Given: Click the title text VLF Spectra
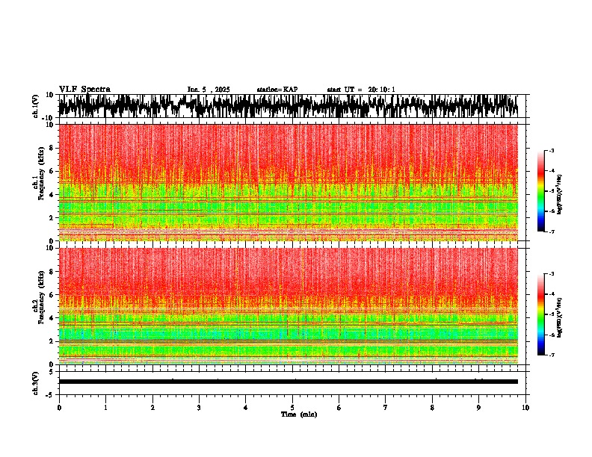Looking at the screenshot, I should click(x=84, y=90).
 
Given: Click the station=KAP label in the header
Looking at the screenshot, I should click(x=277, y=90).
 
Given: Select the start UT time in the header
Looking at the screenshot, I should click(x=361, y=90).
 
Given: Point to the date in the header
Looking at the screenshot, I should click(x=209, y=90).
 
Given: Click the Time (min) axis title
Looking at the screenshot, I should click(x=299, y=414).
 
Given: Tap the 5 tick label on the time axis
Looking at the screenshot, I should click(x=292, y=408).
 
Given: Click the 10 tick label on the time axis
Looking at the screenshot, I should click(x=525, y=408).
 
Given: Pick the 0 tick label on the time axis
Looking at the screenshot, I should click(x=59, y=408).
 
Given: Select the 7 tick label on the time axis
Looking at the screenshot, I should click(x=386, y=408).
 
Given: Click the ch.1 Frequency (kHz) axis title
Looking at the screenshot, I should click(x=38, y=183).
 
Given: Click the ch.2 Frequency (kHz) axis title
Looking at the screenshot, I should click(x=38, y=306).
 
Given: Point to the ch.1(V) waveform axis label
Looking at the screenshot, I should click(x=36, y=107).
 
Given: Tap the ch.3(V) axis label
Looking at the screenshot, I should click(x=36, y=382).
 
